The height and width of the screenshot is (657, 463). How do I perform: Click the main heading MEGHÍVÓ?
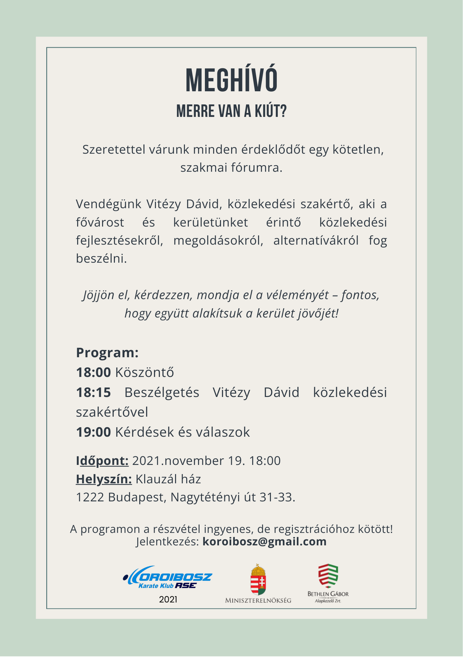point(231,81)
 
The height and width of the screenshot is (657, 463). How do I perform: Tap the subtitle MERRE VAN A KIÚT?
point(231,111)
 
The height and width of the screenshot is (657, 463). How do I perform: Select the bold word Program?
point(107,353)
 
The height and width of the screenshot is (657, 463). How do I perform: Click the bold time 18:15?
point(93,393)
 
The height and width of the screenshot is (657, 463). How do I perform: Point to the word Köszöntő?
point(144,373)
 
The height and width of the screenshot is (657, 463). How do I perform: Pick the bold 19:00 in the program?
point(93,432)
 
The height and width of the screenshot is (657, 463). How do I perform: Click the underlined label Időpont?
point(102,461)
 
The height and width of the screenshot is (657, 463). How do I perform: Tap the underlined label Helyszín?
point(104,479)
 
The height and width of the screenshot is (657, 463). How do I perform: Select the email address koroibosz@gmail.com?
point(265,541)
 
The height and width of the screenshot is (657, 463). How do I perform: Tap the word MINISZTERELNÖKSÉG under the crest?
point(258,600)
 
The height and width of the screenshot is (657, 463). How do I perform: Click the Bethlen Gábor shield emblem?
point(328,576)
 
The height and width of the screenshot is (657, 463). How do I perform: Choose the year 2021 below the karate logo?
point(168,600)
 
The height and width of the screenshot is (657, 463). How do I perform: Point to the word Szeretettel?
point(113,149)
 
